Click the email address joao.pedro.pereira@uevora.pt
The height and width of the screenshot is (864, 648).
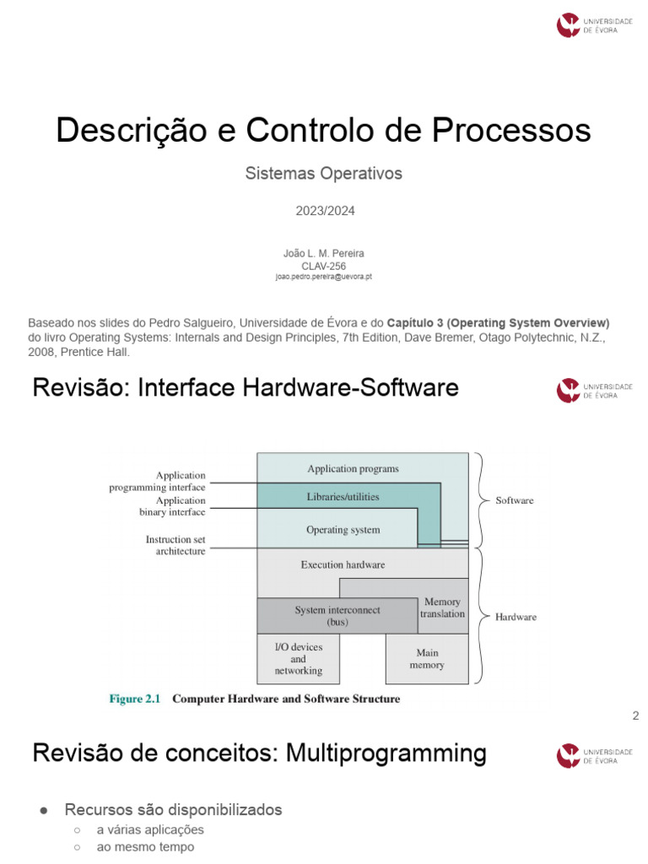click(x=324, y=277)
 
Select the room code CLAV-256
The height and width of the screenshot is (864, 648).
click(x=324, y=266)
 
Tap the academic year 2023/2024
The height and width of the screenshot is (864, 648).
click(x=325, y=211)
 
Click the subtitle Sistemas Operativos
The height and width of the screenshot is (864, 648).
click(x=324, y=174)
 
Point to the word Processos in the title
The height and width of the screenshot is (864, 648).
click(x=512, y=131)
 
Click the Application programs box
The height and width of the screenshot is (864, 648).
click(x=353, y=468)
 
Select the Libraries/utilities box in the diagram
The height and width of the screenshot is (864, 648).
click(x=343, y=497)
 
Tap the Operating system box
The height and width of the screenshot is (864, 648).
click(x=343, y=530)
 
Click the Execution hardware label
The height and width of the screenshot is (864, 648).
click(x=343, y=564)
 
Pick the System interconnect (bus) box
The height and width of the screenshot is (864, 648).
click(x=337, y=616)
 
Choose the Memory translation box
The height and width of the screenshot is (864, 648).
click(x=443, y=607)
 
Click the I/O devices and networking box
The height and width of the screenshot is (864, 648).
click(x=298, y=659)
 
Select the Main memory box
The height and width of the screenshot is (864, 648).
click(x=427, y=659)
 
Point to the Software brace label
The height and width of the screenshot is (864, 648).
click(x=515, y=500)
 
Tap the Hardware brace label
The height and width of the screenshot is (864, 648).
click(x=516, y=617)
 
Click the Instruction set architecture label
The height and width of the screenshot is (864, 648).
click(x=175, y=545)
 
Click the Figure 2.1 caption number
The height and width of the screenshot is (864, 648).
click(x=135, y=699)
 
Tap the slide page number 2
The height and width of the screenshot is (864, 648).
click(x=635, y=716)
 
